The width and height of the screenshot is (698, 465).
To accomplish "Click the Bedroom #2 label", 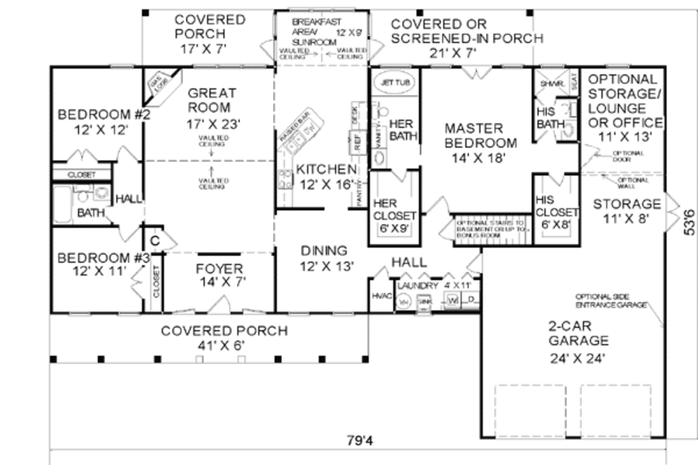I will point(104,114).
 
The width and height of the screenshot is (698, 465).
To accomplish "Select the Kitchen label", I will point(325,170).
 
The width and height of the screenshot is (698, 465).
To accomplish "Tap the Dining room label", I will point(324,251).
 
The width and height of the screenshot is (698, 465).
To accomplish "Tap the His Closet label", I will point(558,206).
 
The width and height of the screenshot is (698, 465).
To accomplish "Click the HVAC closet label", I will point(380,297).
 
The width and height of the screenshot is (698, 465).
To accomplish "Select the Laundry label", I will point(418,286).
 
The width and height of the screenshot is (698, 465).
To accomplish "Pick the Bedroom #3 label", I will point(104,258).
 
